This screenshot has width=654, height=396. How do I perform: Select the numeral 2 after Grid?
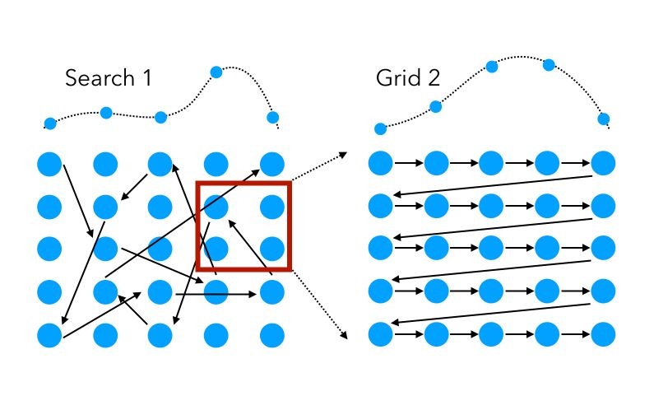pos(433,79)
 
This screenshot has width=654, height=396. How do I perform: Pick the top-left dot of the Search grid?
pos(49,164)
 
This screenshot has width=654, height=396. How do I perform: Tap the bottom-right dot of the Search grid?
pos(272,334)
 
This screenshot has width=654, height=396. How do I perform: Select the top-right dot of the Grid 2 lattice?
pos(603,163)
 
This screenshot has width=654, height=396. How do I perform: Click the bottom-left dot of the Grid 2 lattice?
pos(380,334)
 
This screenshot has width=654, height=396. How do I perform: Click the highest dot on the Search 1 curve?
pos(216,72)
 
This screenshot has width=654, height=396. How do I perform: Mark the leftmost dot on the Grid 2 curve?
pos(380,128)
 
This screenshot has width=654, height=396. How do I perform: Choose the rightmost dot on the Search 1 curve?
pos(273,117)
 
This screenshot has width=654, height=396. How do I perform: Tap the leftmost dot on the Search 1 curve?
pos(50,123)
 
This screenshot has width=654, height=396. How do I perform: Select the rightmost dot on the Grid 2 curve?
pos(603,119)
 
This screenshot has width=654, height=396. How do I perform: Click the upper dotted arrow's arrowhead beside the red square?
pos(341,153)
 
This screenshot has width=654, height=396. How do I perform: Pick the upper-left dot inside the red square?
pos(216,205)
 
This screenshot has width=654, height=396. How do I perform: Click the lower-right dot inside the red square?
pos(272,248)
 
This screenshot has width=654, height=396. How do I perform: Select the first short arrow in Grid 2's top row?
pos(408,164)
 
